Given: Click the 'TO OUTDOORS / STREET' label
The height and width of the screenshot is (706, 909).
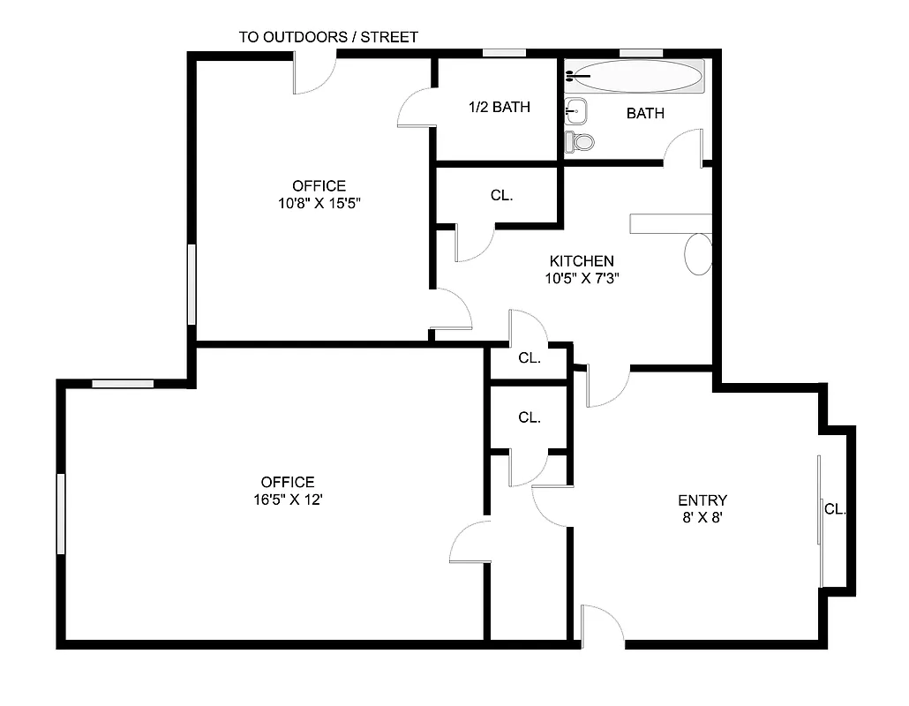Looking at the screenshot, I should (x=328, y=37).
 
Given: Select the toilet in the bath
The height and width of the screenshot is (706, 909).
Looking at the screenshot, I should (x=582, y=140).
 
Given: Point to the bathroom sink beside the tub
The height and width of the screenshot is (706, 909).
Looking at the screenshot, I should (x=576, y=111).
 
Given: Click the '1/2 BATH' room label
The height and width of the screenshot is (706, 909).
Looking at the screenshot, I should (x=499, y=108).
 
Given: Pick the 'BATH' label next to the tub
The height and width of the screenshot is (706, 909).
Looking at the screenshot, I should (x=645, y=113).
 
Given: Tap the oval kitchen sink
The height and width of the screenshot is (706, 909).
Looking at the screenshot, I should (x=698, y=254).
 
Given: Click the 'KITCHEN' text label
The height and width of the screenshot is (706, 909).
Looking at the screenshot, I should (x=582, y=261).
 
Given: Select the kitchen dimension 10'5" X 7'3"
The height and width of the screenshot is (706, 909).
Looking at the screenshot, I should (x=582, y=278).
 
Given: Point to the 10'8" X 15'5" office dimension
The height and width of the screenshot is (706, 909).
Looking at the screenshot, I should (x=319, y=202).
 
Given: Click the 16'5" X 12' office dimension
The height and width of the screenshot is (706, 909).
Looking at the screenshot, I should (x=288, y=499).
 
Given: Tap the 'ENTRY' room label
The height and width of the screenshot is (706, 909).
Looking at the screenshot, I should (x=702, y=500).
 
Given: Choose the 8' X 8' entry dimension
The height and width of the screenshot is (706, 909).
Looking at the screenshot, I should (x=702, y=518).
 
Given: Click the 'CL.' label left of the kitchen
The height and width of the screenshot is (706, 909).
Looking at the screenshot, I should (x=501, y=196).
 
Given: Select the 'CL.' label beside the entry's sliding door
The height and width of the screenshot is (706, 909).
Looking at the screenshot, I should (x=835, y=509).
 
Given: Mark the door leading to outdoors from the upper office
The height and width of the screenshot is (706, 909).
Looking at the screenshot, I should (x=315, y=72).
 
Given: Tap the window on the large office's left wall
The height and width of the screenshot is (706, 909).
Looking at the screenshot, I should (x=62, y=514).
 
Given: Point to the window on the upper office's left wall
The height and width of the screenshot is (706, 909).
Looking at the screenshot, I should (x=192, y=284).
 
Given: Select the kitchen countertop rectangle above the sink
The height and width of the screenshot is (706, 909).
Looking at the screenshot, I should (x=671, y=223).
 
